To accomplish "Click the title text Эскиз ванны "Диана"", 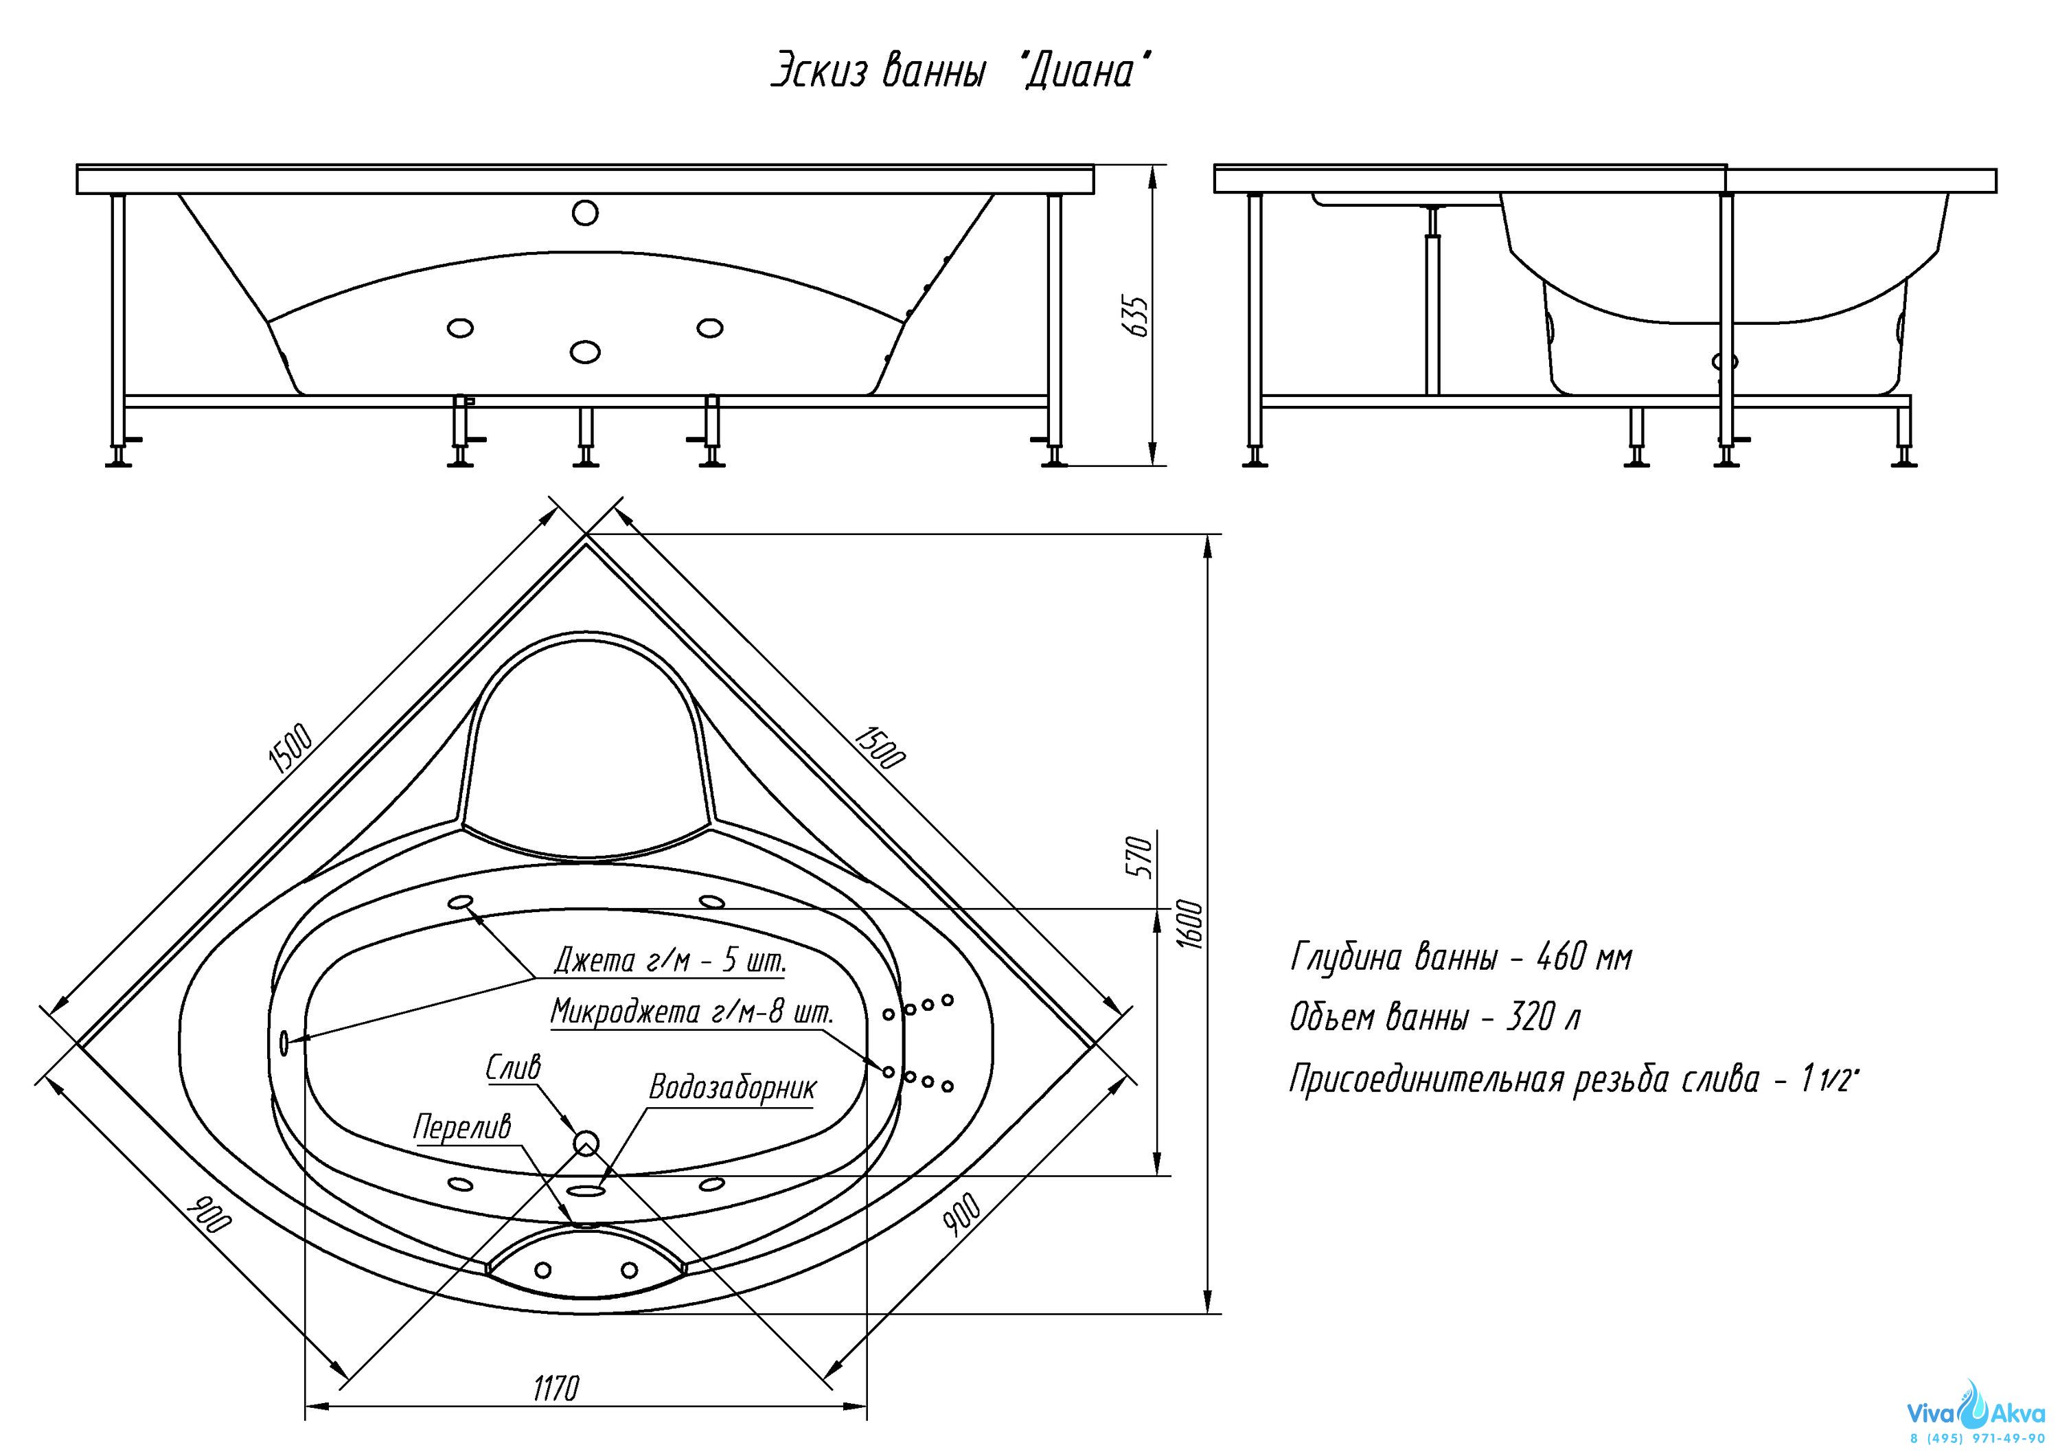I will (x=961, y=71).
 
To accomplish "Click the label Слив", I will (x=513, y=1067).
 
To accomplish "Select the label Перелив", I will (x=461, y=1127).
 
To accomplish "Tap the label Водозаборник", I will (x=732, y=1088).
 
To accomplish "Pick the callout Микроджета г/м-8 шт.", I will (x=691, y=1013).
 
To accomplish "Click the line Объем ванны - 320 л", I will (x=1434, y=1019).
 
